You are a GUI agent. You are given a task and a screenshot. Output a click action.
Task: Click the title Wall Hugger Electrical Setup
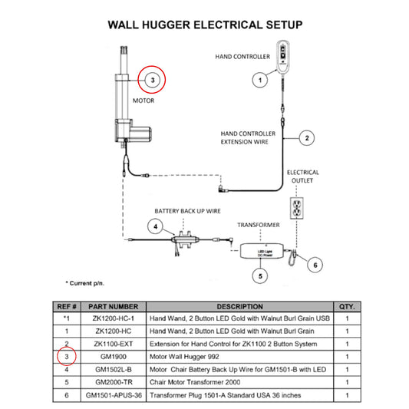point(205,25)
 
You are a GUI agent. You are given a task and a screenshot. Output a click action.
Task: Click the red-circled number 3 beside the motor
point(152,79)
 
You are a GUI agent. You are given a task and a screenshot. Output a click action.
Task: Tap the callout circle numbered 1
point(260,79)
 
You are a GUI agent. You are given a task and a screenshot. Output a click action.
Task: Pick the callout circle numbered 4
point(156,227)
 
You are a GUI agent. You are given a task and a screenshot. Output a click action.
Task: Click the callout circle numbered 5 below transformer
point(260,274)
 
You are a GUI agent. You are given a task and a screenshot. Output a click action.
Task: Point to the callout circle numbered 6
point(312,265)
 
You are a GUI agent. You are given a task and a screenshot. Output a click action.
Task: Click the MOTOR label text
point(144,101)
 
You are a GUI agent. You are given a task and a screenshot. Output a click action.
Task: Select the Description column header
point(240,305)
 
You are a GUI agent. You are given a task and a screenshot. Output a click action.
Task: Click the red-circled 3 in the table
point(67,357)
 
